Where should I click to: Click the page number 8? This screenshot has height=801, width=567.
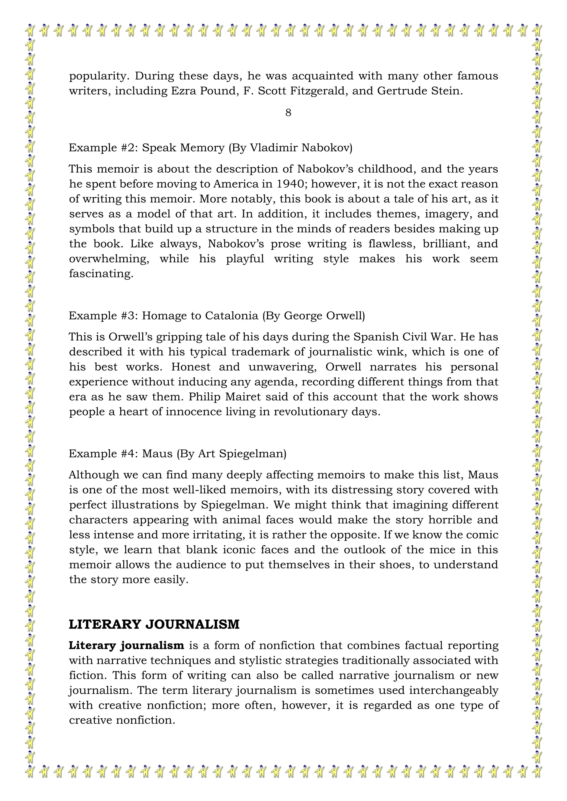click(288, 113)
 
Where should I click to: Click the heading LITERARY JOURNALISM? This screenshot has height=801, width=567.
click(154, 624)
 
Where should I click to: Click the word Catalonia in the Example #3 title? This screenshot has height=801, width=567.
click(231, 316)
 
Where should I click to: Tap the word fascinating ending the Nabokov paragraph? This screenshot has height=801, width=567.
click(101, 274)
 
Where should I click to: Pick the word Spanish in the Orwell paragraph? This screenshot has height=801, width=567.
click(376, 337)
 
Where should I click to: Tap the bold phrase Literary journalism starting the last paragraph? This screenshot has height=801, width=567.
click(127, 646)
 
